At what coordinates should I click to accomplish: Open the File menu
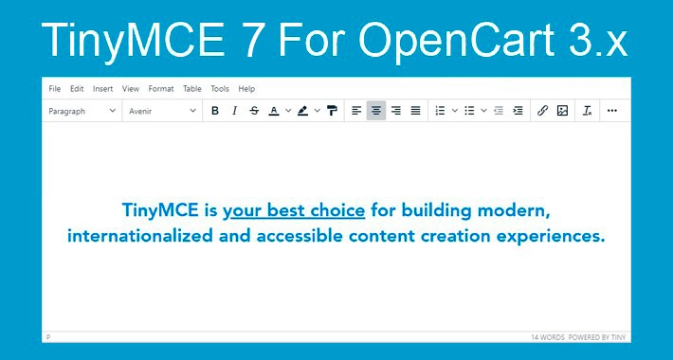[54, 89]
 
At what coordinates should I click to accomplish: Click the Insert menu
[103, 89]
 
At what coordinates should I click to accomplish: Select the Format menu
[161, 89]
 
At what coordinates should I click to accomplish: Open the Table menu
[191, 89]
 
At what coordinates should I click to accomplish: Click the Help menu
[246, 89]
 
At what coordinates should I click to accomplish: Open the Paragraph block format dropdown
[82, 111]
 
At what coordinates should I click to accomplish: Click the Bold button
[215, 111]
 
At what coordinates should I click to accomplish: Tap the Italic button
[234, 111]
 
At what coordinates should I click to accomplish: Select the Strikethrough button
[253, 111]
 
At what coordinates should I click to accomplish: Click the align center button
[376, 111]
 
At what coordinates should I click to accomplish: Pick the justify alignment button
[415, 111]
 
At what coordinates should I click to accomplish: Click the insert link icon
[542, 111]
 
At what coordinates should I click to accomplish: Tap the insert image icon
[562, 111]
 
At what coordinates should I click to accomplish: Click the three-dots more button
[612, 111]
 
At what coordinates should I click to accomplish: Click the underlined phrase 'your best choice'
[294, 210]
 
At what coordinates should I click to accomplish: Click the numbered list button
[439, 111]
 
